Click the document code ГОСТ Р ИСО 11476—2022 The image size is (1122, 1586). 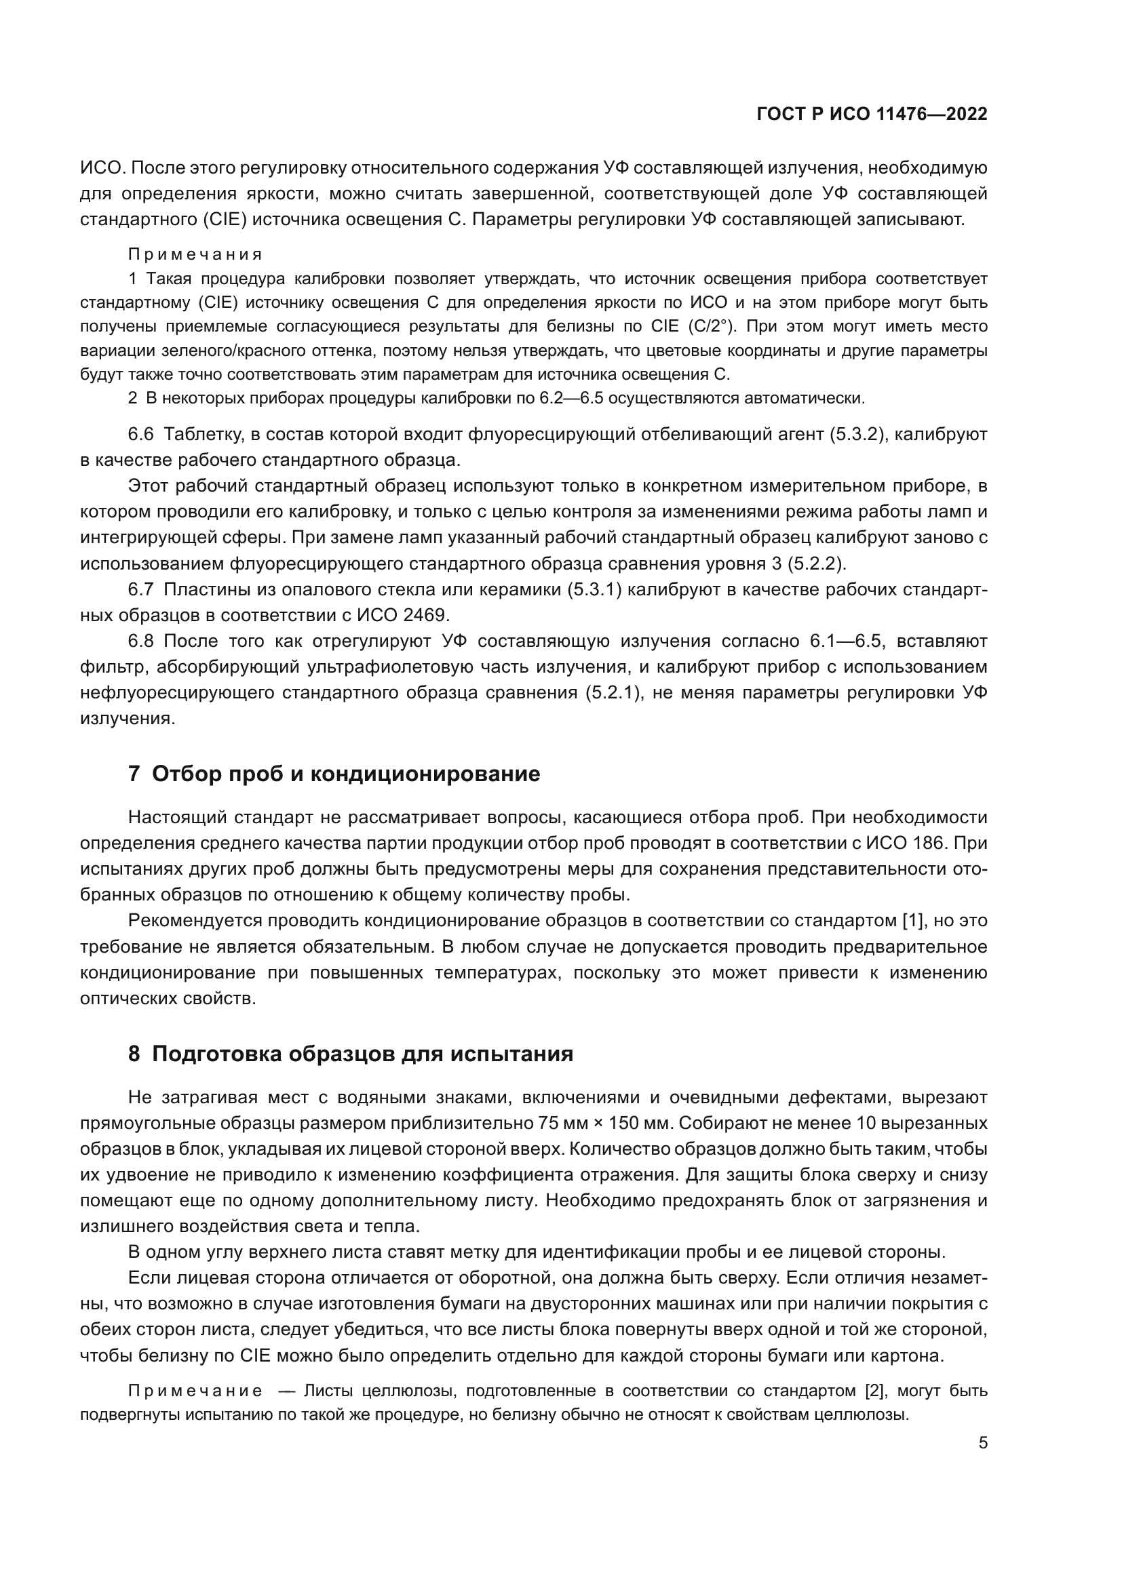click(x=872, y=115)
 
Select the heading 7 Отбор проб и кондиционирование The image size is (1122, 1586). click(x=334, y=774)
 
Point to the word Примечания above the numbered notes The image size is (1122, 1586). click(x=195, y=254)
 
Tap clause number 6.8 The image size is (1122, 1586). click(x=140, y=641)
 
